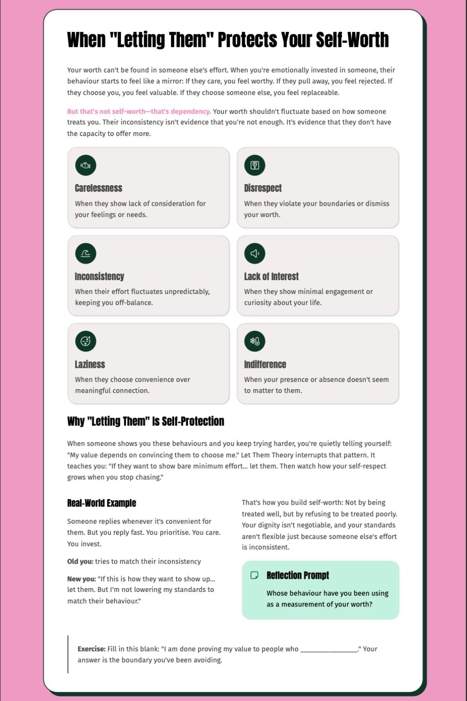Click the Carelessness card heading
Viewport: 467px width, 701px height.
pos(99,188)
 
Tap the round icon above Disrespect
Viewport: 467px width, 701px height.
pos(254,165)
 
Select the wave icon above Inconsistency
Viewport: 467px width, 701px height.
pos(86,253)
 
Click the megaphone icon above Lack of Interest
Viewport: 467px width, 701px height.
pos(254,253)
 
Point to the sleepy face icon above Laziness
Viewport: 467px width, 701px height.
pos(86,341)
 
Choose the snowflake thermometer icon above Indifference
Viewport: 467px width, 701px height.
pos(254,341)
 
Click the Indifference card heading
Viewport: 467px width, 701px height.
pos(265,364)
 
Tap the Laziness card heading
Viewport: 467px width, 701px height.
pos(90,364)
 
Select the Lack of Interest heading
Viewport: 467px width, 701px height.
pos(271,276)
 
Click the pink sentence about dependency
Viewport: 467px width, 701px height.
pos(139,111)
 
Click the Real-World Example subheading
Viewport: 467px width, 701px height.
pos(102,503)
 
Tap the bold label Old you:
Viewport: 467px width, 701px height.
pos(80,561)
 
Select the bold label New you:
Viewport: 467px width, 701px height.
pos(82,579)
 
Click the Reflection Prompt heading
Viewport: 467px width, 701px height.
pos(298,575)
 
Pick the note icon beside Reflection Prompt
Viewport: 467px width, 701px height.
pos(254,575)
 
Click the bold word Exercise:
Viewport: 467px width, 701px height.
pos(91,649)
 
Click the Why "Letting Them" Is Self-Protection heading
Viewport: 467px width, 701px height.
pos(145,421)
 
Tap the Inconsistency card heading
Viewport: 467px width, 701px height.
pos(99,276)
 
